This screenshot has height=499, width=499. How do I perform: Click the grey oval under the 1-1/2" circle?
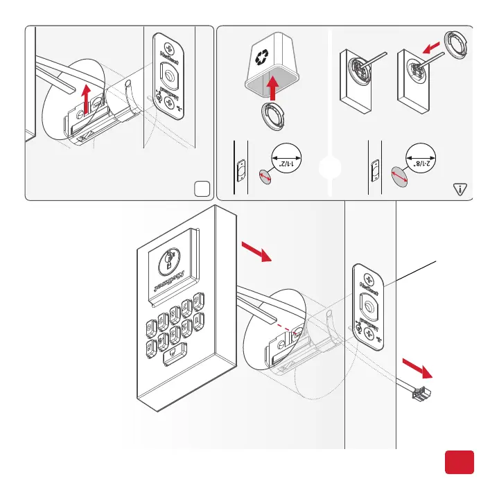click(x=265, y=177)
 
